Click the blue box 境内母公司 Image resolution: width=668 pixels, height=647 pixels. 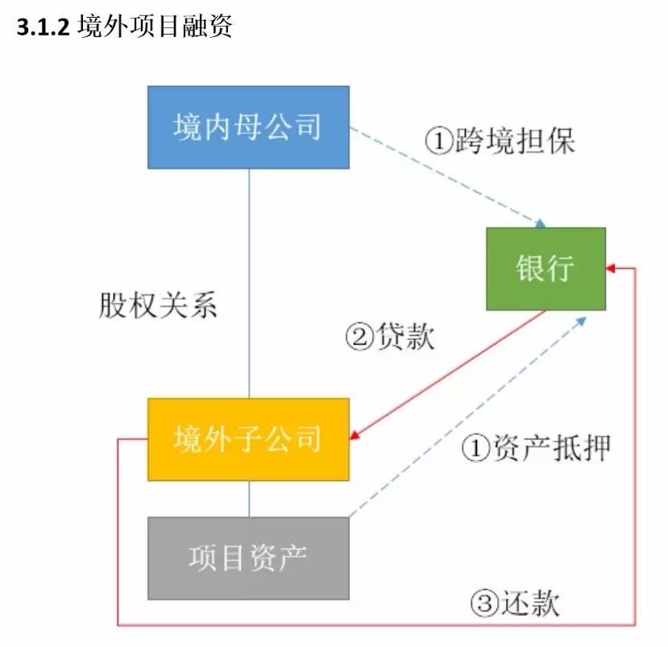248,127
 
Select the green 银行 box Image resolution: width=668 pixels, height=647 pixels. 546,268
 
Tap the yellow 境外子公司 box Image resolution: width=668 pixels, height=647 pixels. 248,439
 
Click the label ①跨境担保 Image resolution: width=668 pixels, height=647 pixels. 500,142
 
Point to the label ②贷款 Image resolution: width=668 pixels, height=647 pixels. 390,336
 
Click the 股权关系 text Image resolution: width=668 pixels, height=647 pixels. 158,306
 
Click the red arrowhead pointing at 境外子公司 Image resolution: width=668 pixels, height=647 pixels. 355,438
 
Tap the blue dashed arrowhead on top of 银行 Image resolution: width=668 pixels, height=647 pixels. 541,223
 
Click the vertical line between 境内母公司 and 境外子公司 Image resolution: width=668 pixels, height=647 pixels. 249,282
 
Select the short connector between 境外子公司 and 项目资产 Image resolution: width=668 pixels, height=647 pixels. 249,499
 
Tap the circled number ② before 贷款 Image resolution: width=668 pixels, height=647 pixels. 358,336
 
